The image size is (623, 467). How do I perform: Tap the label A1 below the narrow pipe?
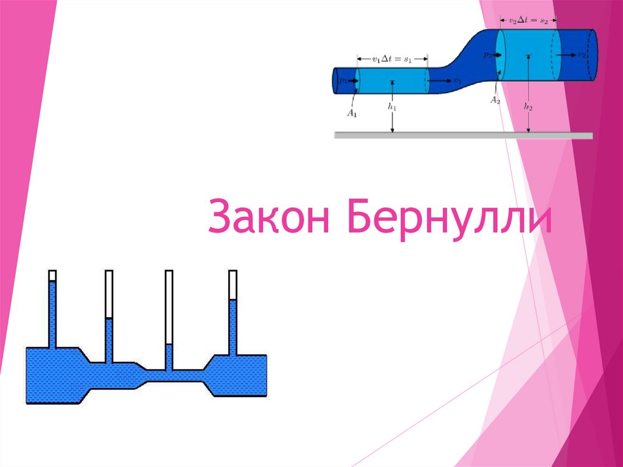click(352, 112)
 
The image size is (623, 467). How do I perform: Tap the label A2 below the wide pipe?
click(495, 100)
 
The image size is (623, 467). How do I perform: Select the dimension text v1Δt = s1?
click(392, 59)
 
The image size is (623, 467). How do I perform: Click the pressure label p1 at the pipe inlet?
click(343, 80)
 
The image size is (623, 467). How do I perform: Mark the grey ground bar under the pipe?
click(463, 135)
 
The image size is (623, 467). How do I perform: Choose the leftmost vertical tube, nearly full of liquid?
click(52, 311)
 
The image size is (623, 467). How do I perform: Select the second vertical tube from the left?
click(109, 317)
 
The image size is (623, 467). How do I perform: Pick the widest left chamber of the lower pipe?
click(52, 374)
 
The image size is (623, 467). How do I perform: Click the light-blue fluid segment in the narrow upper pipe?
click(392, 80)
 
